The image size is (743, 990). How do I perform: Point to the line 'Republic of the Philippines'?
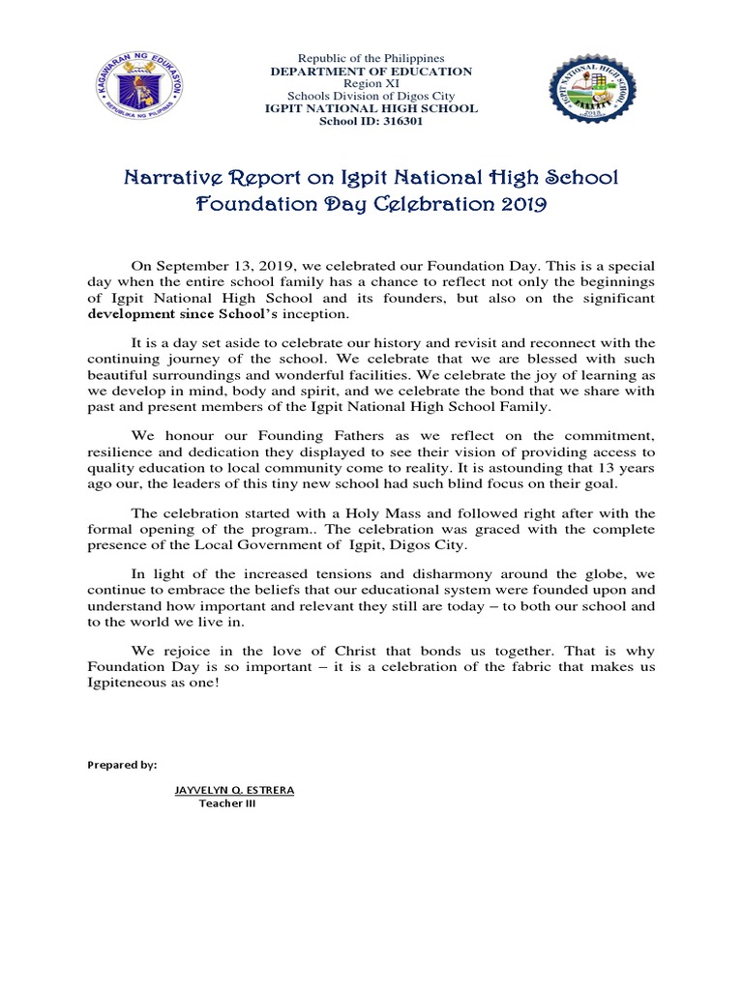point(371,59)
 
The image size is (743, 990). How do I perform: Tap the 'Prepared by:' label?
point(122,765)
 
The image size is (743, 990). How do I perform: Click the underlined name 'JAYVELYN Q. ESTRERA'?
point(234,790)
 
